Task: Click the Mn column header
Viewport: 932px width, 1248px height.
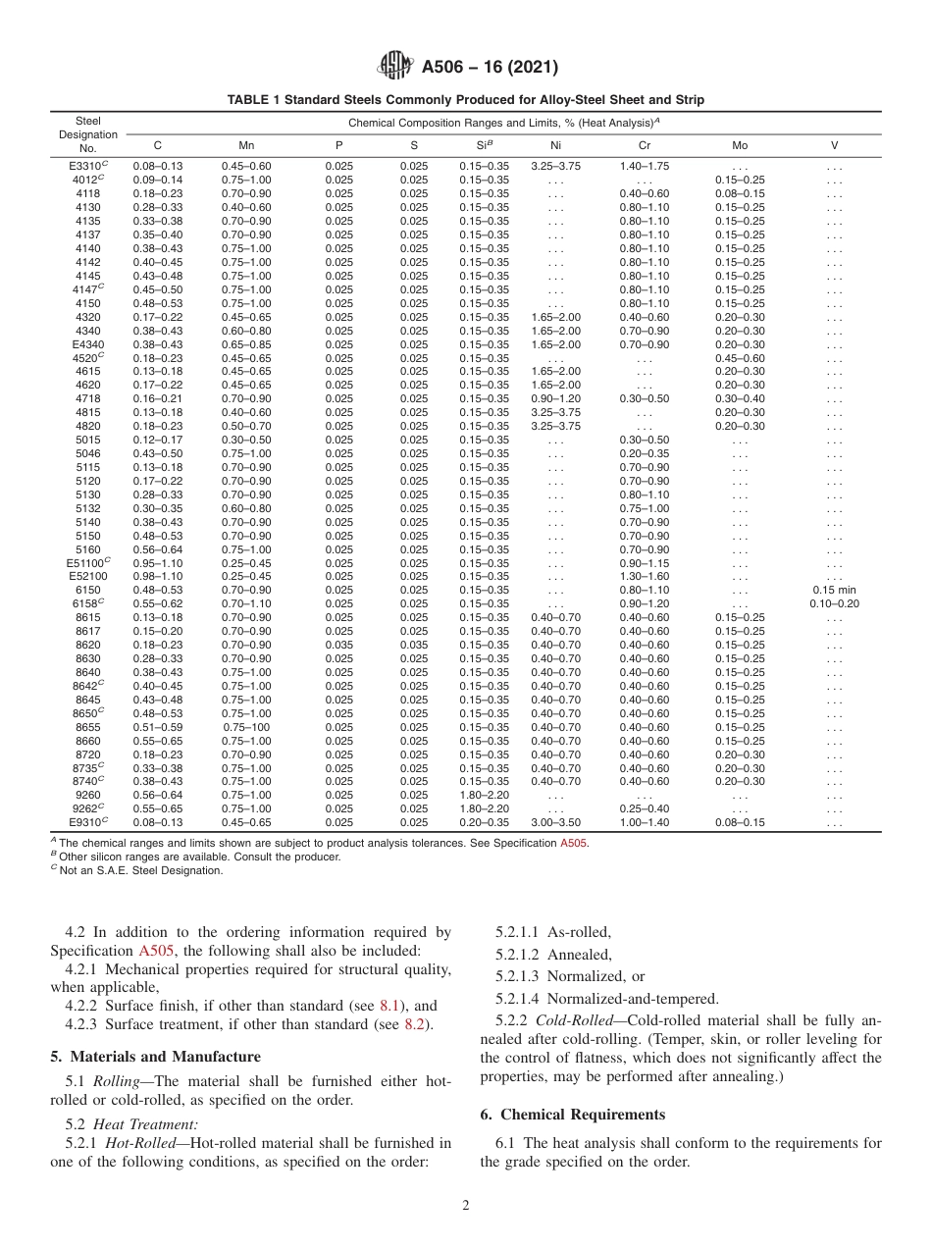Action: pos(246,144)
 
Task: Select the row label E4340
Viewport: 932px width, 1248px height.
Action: pos(87,344)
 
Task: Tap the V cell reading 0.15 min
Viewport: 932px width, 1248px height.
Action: pos(834,590)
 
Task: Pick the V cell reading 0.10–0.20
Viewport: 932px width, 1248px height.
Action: pos(834,603)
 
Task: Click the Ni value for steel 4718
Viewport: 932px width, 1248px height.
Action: pos(555,399)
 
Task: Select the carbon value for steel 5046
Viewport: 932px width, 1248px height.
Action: pos(158,454)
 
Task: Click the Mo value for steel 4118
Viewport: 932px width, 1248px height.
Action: pos(740,193)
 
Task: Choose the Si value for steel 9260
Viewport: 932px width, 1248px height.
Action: pos(484,795)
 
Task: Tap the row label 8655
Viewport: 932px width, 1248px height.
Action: pos(87,727)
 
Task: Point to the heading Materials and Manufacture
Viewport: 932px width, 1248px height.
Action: pos(155,1057)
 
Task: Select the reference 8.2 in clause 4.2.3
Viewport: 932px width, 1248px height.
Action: pos(415,1024)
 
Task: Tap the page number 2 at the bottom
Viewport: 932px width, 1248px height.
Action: pos(466,1206)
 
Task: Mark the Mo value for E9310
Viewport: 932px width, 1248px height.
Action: pos(740,822)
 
